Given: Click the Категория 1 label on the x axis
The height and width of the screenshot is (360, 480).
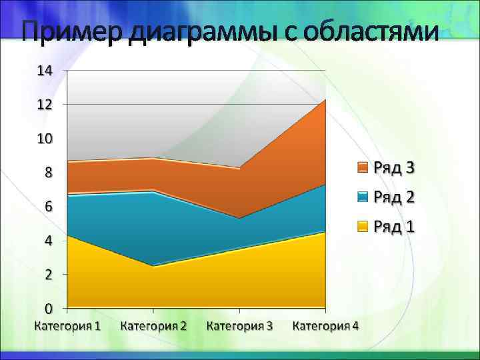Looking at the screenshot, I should [68, 326].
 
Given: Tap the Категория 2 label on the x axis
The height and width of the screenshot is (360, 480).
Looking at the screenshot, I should [154, 326].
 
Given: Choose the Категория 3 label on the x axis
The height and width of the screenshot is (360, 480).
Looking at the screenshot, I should [240, 326].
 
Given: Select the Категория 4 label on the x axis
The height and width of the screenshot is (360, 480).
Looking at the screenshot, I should [325, 326].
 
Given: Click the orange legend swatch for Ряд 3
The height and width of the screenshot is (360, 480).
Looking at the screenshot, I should [363, 167].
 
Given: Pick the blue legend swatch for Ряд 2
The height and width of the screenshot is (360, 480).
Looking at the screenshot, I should [363, 197].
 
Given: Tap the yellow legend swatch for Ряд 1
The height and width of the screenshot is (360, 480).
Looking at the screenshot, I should [363, 227].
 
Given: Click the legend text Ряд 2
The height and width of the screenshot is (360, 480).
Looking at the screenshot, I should [394, 197].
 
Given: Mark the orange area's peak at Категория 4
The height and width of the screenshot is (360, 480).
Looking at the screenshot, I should [325, 100].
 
